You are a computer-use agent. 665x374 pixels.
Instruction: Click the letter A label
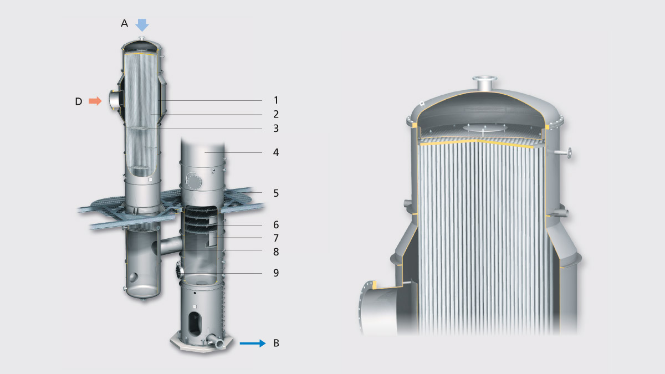124,23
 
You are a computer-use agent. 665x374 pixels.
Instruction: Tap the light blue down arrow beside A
142,25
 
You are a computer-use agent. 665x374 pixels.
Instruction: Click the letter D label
78,101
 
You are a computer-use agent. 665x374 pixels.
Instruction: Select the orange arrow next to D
95,101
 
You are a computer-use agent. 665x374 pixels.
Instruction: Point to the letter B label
276,343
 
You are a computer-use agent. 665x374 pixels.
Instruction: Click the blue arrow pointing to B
253,344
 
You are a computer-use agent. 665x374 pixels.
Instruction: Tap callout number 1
276,100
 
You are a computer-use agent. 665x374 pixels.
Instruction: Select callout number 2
276,114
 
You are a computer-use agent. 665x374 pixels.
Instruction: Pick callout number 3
276,129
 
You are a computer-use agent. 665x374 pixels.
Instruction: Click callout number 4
276,152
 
